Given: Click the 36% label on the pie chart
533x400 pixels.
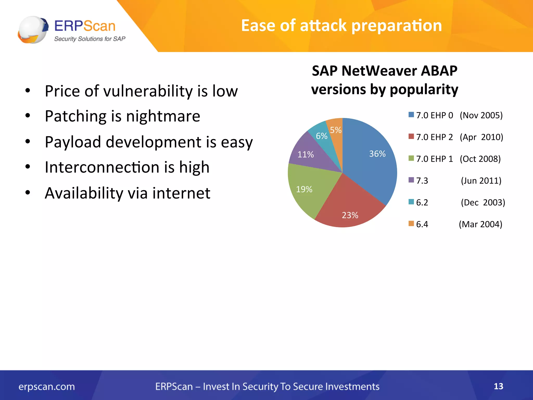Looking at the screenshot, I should pyautogui.click(x=377, y=154).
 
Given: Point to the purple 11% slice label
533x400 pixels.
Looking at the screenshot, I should pyautogui.click(x=306, y=154).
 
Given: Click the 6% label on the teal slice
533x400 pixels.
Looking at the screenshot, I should pyautogui.click(x=321, y=136).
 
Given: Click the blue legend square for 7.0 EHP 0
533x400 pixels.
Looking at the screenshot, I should pyautogui.click(x=411, y=115).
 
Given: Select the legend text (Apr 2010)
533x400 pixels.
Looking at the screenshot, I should pyautogui.click(x=481, y=137).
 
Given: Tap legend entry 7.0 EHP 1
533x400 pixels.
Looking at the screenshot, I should pyautogui.click(x=434, y=159).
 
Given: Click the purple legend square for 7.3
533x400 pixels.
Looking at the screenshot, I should pyautogui.click(x=411, y=180).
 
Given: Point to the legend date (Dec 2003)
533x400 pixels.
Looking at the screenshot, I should pyautogui.click(x=483, y=202).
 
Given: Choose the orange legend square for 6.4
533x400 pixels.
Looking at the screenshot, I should pyautogui.click(x=411, y=223).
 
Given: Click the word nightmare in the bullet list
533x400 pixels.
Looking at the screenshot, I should pyautogui.click(x=163, y=116).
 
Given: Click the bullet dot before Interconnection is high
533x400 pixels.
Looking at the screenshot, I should pyautogui.click(x=28, y=167).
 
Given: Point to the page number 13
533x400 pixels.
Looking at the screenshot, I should pyautogui.click(x=498, y=386).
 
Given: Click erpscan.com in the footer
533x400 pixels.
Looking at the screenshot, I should pyautogui.click(x=47, y=386).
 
